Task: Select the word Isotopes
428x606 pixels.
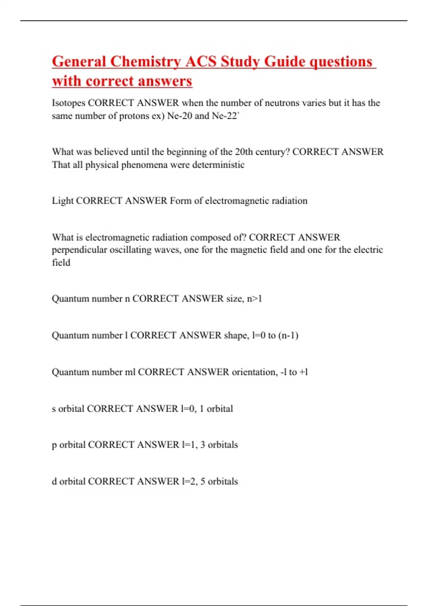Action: (68, 103)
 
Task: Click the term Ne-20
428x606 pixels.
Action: (180, 116)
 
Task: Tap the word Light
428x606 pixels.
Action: (62, 201)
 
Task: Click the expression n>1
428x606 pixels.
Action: (254, 298)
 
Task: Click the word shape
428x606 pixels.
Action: (236, 335)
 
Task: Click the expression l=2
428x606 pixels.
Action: (189, 481)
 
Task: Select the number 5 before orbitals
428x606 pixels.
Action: (203, 481)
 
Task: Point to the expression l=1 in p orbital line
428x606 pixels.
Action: (189, 445)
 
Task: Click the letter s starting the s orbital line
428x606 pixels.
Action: (54, 409)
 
